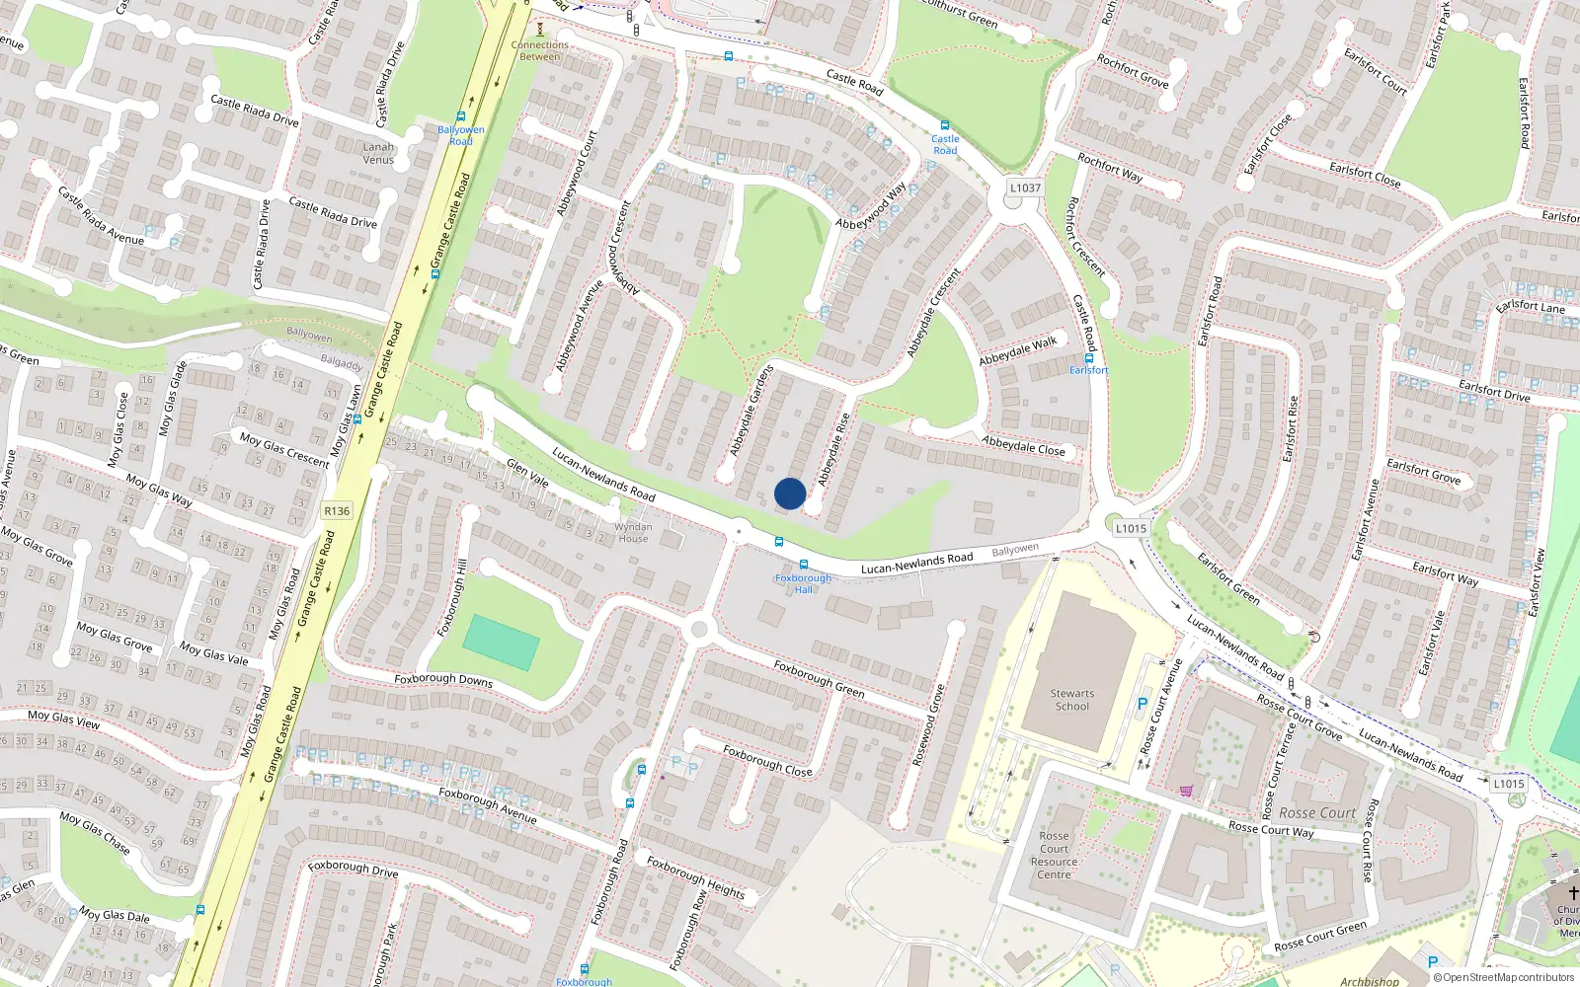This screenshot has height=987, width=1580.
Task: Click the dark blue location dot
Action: pos(790,493)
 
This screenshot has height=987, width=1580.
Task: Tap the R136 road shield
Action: pos(337,510)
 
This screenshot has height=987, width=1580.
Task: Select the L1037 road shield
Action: pos(1025,188)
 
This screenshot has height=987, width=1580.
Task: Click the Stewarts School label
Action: pos(1071,700)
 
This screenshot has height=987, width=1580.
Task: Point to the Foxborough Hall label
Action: pos(803,583)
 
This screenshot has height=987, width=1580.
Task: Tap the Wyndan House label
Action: pos(633,533)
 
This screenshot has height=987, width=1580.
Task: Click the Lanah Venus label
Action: pos(378,153)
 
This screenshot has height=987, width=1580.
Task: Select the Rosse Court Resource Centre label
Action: pos(1054,855)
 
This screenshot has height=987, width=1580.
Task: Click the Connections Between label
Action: pos(540,50)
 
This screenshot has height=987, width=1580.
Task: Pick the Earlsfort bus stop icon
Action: pos(1088,357)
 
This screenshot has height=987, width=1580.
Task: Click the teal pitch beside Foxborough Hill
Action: pos(501,643)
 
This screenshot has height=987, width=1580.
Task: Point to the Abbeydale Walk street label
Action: pos(1017,350)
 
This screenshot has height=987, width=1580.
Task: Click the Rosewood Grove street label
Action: pos(929,725)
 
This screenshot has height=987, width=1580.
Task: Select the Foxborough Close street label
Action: pos(767,760)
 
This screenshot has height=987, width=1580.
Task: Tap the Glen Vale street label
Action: pos(527,473)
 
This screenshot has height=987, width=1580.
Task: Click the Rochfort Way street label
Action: pos(1110,168)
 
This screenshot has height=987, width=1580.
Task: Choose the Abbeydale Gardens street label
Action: pos(751,411)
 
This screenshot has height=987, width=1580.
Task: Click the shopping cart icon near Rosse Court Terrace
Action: pos(1185,791)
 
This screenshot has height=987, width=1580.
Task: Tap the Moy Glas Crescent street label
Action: pos(284,449)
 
